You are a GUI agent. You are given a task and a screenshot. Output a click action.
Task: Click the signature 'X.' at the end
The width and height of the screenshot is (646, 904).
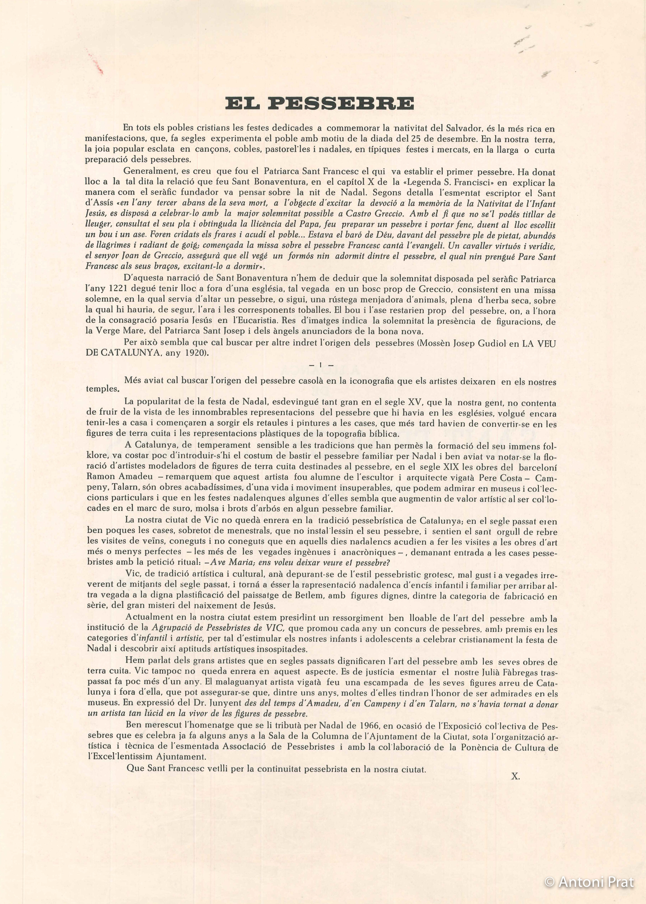point(515,777)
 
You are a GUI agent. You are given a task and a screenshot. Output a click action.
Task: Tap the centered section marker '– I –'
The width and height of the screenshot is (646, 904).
point(321,365)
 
